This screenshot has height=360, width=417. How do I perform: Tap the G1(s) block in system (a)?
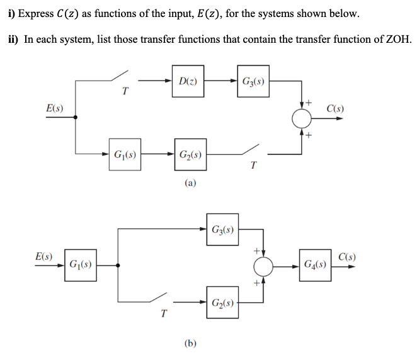[x=125, y=154]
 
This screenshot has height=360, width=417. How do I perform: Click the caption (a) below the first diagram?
[x=190, y=183]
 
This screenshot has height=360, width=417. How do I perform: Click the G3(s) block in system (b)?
[x=221, y=228]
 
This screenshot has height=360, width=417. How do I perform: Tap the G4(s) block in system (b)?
[x=317, y=262]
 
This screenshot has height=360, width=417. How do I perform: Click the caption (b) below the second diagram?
[x=190, y=343]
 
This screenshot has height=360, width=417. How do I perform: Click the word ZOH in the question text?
[x=396, y=40]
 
